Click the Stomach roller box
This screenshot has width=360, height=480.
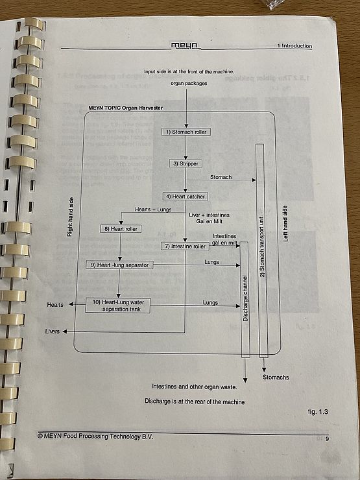186,132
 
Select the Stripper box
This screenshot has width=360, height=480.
186,163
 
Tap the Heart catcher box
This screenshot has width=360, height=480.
186,197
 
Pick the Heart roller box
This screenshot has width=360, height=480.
121,229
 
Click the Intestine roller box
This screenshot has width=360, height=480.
186,246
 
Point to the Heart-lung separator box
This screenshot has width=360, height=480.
119,265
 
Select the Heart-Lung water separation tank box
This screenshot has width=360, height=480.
118,306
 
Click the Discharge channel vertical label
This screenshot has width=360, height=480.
245,298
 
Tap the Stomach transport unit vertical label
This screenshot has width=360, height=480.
263,248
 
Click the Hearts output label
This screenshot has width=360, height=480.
55,305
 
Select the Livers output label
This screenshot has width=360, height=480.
53,331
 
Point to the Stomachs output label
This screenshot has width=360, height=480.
276,378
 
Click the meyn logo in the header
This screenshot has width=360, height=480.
185,46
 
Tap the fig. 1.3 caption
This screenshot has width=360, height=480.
318,412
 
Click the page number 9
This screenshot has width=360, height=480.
327,439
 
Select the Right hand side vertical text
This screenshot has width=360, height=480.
70,217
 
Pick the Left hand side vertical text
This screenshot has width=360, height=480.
285,224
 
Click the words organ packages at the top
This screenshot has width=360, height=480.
189,83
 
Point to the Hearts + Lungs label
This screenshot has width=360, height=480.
153,210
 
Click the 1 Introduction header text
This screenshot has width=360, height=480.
294,46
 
